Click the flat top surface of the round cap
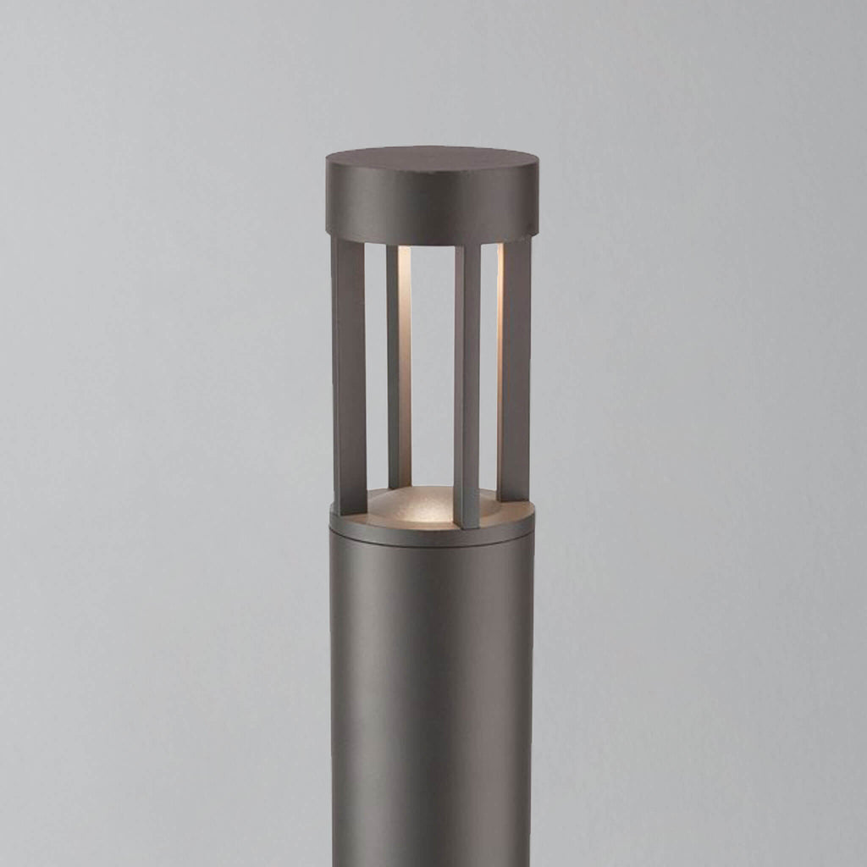[431, 157]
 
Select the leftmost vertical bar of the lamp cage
[349, 373]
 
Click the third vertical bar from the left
[467, 381]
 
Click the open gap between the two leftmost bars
[376, 364]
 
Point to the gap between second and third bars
[433, 364]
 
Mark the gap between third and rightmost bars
[489, 364]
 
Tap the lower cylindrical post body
[432, 694]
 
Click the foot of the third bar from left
[467, 521]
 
